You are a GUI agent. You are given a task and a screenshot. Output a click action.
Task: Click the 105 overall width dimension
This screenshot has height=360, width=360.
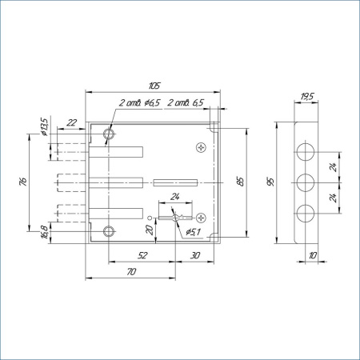pyautogui.click(x=154, y=86)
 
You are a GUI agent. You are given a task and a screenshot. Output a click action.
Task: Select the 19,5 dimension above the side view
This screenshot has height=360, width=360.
pyautogui.click(x=307, y=96)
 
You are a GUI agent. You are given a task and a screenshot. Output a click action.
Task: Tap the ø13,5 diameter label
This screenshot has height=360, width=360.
pyautogui.click(x=44, y=126)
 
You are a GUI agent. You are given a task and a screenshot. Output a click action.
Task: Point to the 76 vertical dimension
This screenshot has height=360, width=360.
pyautogui.click(x=23, y=182)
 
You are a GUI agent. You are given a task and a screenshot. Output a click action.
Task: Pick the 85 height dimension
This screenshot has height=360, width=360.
pyautogui.click(x=240, y=182)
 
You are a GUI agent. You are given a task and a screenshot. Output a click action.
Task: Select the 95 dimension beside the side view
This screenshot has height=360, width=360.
pyautogui.click(x=270, y=182)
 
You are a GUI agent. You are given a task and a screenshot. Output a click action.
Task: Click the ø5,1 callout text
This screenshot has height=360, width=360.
pyautogui.click(x=193, y=232)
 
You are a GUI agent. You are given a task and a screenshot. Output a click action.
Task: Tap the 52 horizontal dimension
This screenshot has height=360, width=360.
pyautogui.click(x=142, y=255)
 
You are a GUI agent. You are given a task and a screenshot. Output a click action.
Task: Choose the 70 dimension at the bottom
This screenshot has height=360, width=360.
pyautogui.click(x=131, y=272)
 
